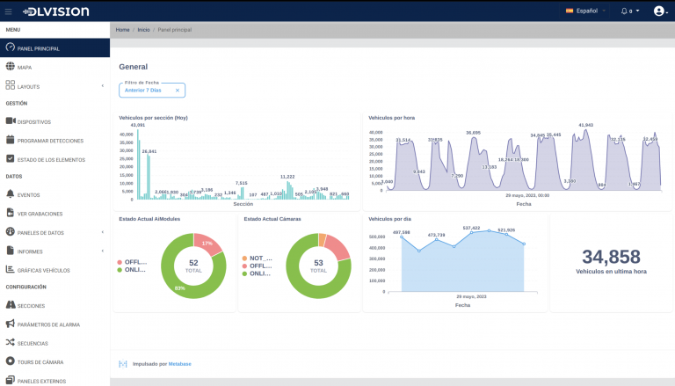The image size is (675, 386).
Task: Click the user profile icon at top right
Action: [659, 11]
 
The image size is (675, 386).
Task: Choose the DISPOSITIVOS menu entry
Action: [33, 121]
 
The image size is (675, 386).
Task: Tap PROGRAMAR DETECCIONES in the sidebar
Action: [50, 141]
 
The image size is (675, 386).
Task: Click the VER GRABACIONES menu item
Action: [40, 213]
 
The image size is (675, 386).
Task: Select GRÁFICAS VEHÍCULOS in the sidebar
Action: [43, 270]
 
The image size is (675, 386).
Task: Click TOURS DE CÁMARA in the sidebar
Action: [40, 361]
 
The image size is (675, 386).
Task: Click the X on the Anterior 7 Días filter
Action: [178, 90]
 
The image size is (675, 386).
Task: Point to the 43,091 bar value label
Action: [138, 125]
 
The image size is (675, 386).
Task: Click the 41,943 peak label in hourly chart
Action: [585, 125]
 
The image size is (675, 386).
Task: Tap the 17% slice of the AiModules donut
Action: [207, 243]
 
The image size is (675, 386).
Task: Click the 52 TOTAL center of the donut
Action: [193, 266]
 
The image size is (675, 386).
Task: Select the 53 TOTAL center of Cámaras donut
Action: [318, 266]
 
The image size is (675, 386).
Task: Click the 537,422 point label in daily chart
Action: [471, 228]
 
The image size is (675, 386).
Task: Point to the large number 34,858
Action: [611, 257]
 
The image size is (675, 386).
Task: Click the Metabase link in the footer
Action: [179, 363]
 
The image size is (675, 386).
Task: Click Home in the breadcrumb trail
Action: [122, 30]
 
